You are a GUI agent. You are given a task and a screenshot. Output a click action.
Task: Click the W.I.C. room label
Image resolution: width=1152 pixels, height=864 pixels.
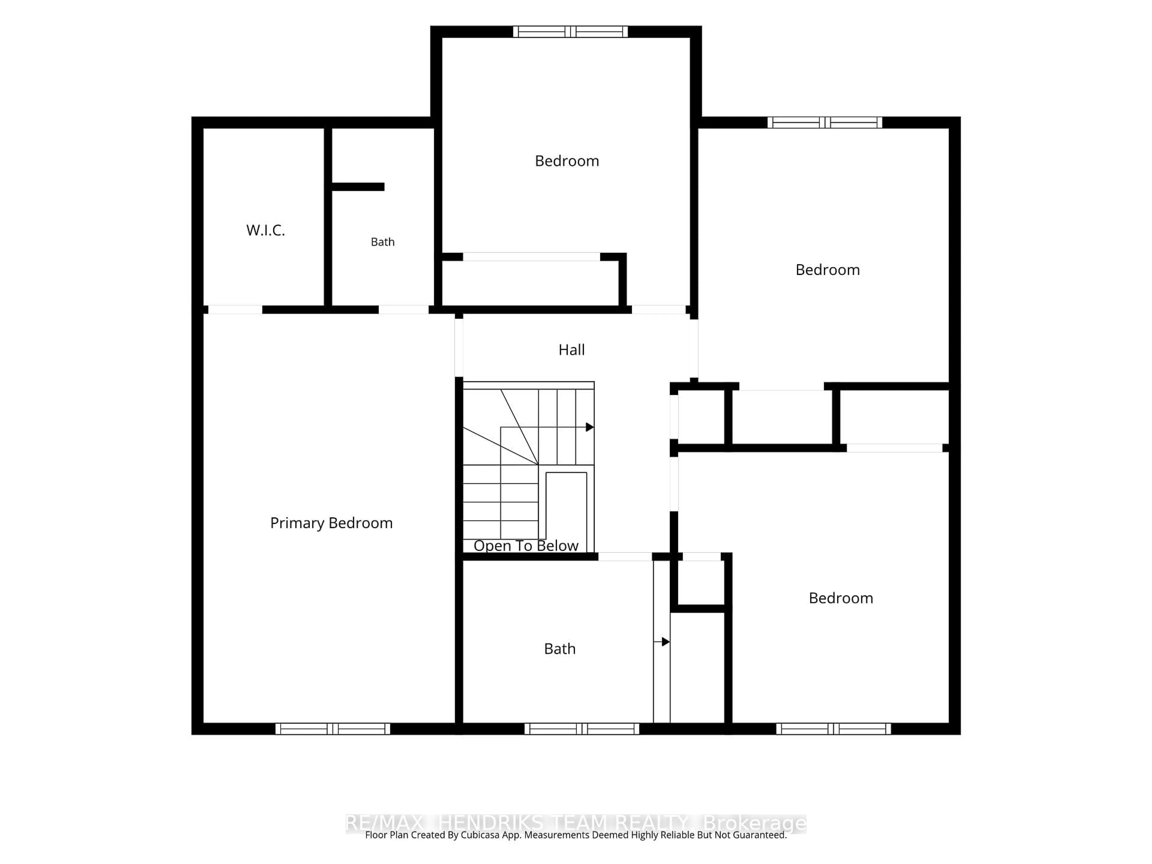click(x=265, y=230)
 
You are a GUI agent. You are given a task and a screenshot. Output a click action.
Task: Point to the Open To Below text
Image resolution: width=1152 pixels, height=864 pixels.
click(x=526, y=545)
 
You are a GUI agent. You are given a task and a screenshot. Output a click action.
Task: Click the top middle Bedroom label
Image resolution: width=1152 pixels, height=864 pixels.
click(x=567, y=161)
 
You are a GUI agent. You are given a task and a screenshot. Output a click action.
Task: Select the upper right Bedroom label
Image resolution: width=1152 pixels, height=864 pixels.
click(x=827, y=270)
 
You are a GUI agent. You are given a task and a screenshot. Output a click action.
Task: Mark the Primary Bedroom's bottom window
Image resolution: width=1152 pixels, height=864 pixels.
click(x=333, y=729)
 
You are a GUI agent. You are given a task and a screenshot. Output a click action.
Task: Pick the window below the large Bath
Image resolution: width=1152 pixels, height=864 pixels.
click(x=582, y=729)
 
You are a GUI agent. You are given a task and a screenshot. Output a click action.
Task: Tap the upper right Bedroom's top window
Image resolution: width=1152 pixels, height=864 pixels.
click(x=825, y=123)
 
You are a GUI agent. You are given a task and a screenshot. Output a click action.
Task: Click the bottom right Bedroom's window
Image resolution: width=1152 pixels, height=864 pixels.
click(x=833, y=729)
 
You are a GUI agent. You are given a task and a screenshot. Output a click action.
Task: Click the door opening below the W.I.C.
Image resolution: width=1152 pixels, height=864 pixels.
click(x=235, y=310)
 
